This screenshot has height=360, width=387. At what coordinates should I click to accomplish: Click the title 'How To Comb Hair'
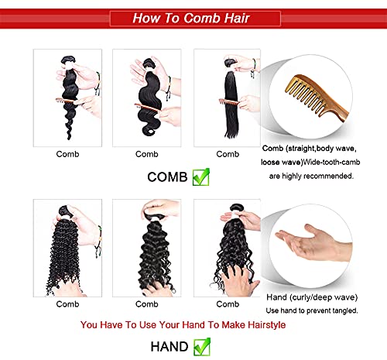click(x=193, y=17)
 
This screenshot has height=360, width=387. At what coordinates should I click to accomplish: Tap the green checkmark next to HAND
click(x=202, y=345)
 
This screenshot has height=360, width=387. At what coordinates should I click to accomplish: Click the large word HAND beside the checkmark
click(x=168, y=345)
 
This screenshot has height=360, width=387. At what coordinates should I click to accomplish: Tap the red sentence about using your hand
click(x=193, y=324)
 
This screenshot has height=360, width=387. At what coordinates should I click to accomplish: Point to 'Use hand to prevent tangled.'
click(x=313, y=310)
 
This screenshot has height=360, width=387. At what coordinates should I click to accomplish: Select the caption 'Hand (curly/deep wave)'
click(x=313, y=297)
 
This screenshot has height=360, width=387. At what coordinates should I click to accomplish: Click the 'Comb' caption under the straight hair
click(x=228, y=154)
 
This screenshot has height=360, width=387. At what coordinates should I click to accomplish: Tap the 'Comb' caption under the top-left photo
click(x=67, y=154)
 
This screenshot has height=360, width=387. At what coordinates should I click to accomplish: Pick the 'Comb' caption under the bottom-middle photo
click(x=147, y=304)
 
